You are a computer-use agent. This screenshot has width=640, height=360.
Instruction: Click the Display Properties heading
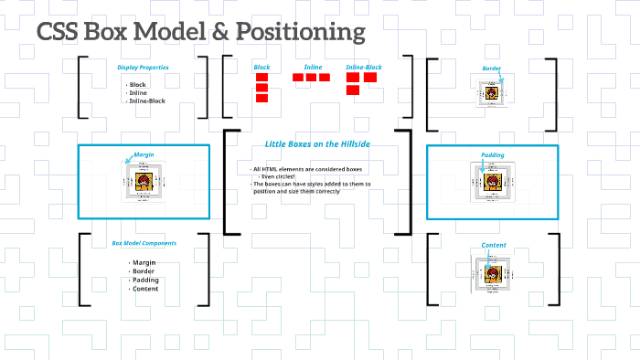143,67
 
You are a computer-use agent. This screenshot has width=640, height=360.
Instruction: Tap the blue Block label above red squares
261,67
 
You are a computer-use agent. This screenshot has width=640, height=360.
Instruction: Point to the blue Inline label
313,67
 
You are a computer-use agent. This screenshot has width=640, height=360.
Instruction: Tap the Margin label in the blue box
144,156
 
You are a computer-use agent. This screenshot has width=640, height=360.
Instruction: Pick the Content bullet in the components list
146,289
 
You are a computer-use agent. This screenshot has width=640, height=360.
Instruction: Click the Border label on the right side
492,69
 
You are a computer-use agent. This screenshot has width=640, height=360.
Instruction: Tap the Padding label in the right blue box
492,155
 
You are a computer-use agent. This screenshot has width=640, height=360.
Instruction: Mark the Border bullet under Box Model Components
144,271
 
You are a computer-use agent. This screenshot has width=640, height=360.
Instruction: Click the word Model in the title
171,32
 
